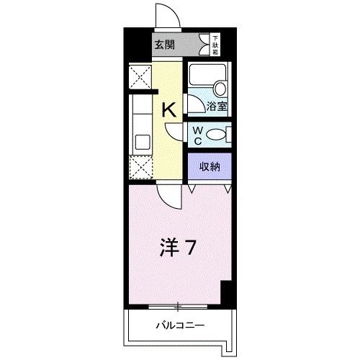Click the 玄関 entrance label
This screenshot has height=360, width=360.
coord(164,45)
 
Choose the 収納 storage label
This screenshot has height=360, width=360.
coord(210,167)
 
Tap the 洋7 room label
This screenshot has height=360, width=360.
coord(177,248)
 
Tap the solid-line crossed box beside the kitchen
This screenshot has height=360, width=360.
coord(139,77)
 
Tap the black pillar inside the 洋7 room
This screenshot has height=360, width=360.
coord(226,292)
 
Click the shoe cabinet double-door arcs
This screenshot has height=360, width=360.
coord(210,189)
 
